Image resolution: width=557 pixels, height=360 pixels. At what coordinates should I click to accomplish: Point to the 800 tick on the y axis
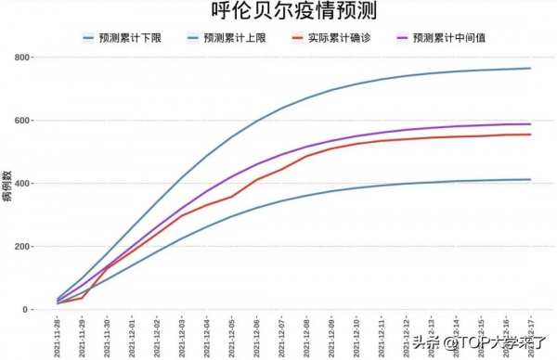coord(19,58)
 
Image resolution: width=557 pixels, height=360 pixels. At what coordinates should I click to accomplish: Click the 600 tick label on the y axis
coord(19,121)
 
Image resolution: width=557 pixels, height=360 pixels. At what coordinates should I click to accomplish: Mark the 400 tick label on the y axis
coord(19,184)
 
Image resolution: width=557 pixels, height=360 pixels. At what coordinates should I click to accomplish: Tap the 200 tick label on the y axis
coord(19,247)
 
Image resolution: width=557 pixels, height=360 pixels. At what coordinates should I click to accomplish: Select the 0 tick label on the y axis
coord(26,310)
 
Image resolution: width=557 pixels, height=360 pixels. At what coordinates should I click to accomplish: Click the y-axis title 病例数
coord(7,184)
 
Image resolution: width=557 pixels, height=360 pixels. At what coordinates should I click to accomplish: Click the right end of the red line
coord(531,135)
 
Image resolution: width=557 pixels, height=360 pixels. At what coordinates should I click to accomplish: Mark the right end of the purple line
coord(531,124)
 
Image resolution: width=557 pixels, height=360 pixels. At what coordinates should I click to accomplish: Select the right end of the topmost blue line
coord(531,69)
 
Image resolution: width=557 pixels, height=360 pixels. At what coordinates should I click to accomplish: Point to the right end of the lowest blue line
coord(531,180)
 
